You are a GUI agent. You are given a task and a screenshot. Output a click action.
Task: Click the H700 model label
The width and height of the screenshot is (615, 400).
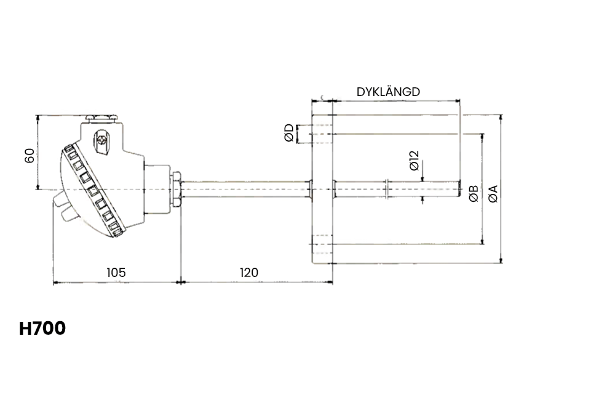[x=42, y=329]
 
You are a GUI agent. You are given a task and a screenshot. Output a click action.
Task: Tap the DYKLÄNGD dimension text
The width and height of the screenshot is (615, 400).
[x=388, y=92]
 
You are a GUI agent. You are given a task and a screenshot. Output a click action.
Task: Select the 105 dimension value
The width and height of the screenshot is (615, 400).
[x=116, y=272]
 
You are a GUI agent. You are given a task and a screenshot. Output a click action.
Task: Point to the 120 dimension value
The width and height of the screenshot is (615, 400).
[x=248, y=272]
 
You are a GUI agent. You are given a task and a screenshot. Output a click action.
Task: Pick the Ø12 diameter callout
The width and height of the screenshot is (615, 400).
[x=414, y=160]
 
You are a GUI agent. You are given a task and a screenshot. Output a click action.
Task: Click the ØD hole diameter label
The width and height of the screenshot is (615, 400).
[x=289, y=134]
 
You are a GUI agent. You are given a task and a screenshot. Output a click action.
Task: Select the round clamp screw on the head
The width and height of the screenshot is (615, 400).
[x=102, y=140]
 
